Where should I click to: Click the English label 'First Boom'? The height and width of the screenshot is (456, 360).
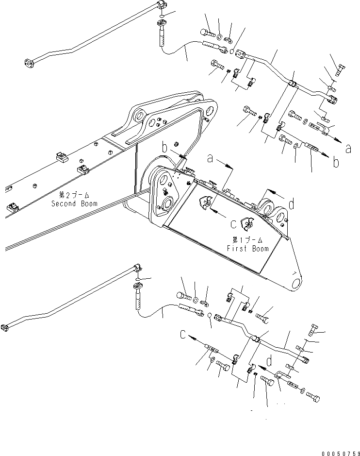click(247, 248)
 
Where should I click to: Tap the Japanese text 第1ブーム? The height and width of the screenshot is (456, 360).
click(247, 240)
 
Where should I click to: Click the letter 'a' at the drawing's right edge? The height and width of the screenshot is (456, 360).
click(348, 150)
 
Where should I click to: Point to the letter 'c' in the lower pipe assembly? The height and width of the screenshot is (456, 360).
click(183, 335)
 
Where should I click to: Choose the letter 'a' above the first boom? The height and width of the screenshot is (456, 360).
click(211, 158)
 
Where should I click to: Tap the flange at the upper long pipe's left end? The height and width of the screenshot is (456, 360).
click(28, 63)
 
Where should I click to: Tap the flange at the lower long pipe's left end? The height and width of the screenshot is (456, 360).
click(4, 327)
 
